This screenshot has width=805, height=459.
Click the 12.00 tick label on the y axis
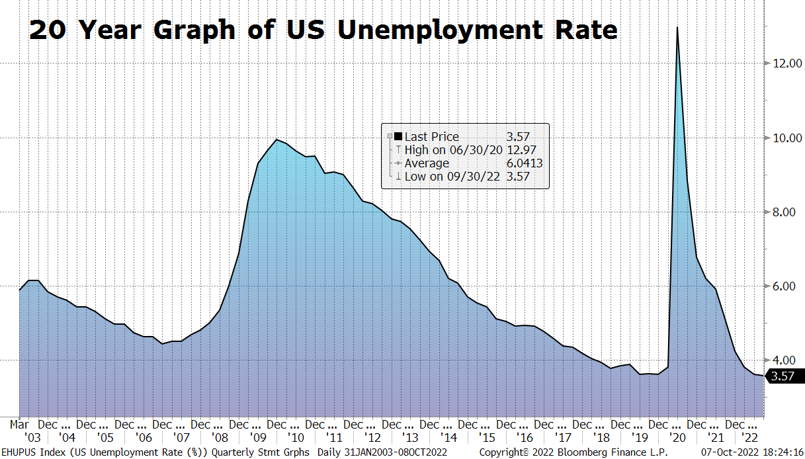click(x=784, y=63)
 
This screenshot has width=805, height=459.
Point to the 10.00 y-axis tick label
click(x=784, y=138)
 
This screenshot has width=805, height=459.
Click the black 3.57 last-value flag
click(x=784, y=376)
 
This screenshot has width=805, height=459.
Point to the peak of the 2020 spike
click(x=677, y=28)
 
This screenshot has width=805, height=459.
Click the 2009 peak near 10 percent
click(x=276, y=140)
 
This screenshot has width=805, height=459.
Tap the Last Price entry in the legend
click(x=431, y=137)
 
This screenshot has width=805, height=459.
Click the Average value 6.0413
click(x=525, y=163)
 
